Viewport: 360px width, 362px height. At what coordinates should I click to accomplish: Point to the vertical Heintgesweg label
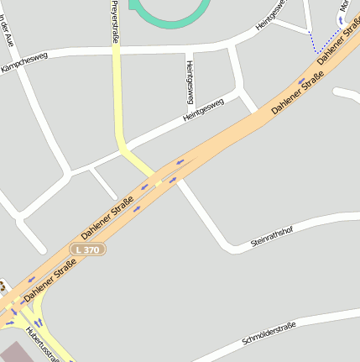click(x=190, y=81)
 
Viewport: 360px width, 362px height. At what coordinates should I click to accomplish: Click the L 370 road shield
click(x=87, y=249)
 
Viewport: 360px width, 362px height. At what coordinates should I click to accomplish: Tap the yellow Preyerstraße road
click(x=117, y=92)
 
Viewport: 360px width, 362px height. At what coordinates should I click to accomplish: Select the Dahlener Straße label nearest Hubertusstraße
click(x=50, y=281)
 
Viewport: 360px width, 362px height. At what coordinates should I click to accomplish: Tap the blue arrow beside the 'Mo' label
click(x=341, y=18)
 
